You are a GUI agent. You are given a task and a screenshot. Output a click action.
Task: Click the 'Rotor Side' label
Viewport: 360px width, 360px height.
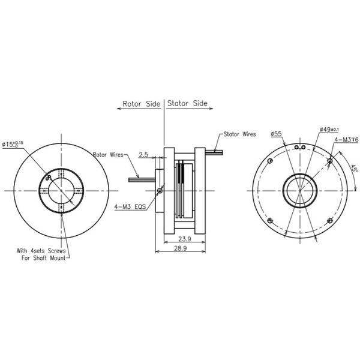[141, 103]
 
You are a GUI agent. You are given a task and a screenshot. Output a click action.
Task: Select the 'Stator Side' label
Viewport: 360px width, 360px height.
[187, 103]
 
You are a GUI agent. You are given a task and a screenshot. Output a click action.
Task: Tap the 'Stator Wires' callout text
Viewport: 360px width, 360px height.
[240, 134]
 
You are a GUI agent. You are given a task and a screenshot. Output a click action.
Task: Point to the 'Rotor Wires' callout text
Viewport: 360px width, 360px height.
[107, 154]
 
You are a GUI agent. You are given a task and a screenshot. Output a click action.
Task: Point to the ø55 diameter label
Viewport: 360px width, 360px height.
[277, 134]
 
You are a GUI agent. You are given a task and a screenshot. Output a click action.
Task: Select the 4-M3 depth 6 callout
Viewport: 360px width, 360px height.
[347, 140]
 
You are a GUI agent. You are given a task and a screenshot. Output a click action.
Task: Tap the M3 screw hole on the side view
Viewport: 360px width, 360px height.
[159, 191]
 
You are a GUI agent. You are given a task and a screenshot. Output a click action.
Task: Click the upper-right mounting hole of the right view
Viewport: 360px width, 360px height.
[329, 160]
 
